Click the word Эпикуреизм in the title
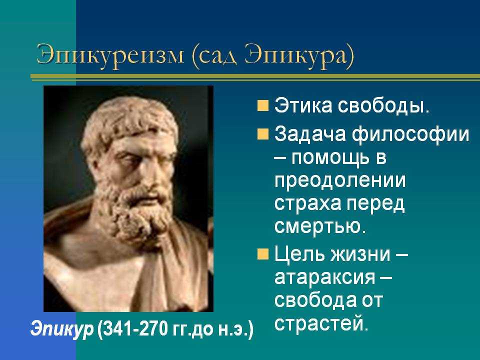(x=110, y=55)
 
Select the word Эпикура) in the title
(x=299, y=56)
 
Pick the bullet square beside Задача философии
(x=262, y=134)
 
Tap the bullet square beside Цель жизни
(x=262, y=254)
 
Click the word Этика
(x=303, y=105)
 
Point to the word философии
(x=410, y=135)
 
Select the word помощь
(x=329, y=159)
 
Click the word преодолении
(x=340, y=181)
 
